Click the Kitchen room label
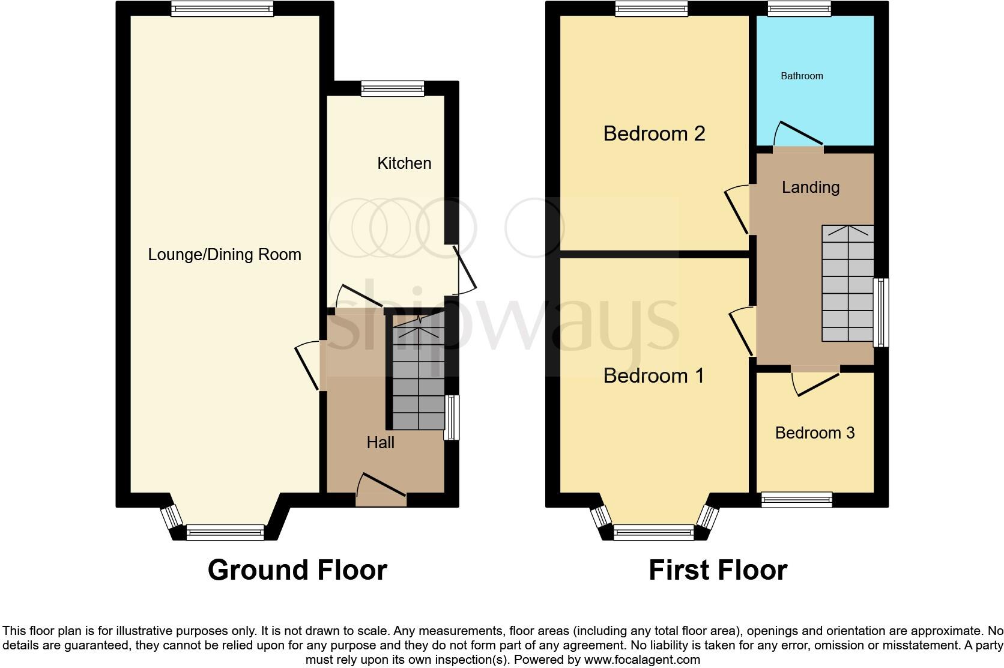coord(404,163)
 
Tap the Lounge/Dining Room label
coord(225,255)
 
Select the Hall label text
coord(380,443)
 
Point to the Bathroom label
coord(802,76)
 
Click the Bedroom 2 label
coord(654,133)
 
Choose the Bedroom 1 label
coord(653,376)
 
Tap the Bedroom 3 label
coord(815,433)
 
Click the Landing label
coord(810,187)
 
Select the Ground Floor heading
coord(297,570)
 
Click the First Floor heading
coord(718,570)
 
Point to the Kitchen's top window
coord(393,89)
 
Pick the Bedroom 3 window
coord(797,499)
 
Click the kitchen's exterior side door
coord(464,270)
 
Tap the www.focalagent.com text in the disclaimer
coord(641,660)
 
